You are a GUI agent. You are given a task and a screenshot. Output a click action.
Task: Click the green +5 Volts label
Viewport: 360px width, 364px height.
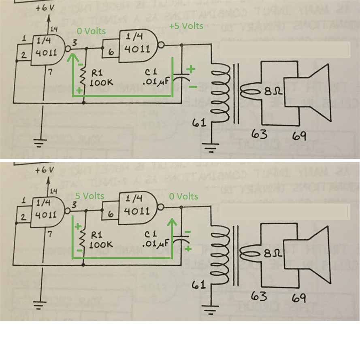(186, 26)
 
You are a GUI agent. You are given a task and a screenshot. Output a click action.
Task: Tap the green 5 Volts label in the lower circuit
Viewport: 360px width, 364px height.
(90, 196)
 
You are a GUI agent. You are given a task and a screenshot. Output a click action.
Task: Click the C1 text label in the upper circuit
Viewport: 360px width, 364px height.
(151, 72)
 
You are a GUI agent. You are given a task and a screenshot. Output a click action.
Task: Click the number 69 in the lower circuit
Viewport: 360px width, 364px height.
(299, 298)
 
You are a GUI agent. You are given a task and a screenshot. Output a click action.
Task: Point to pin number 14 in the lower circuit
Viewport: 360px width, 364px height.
(53, 191)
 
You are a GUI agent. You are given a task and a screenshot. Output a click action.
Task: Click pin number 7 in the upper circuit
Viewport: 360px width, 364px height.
(51, 72)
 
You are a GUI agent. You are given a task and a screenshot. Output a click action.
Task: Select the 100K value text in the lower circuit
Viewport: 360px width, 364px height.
(100, 245)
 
